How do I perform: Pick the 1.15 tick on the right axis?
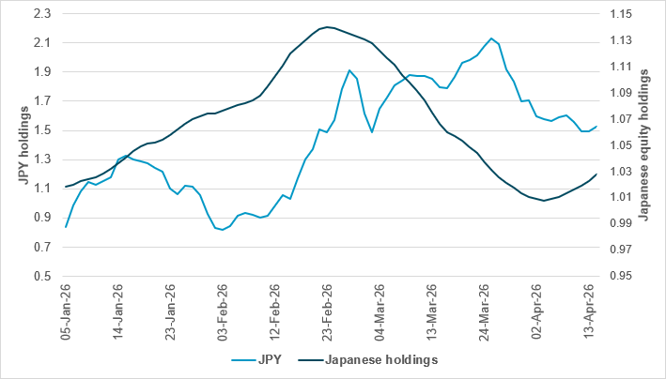622,13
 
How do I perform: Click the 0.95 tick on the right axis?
622,277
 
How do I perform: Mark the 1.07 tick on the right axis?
622,119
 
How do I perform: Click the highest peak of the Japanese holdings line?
326,27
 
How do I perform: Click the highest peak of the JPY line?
491,38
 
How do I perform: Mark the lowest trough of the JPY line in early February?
222,230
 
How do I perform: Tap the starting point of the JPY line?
66,227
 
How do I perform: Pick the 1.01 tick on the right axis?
622,198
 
